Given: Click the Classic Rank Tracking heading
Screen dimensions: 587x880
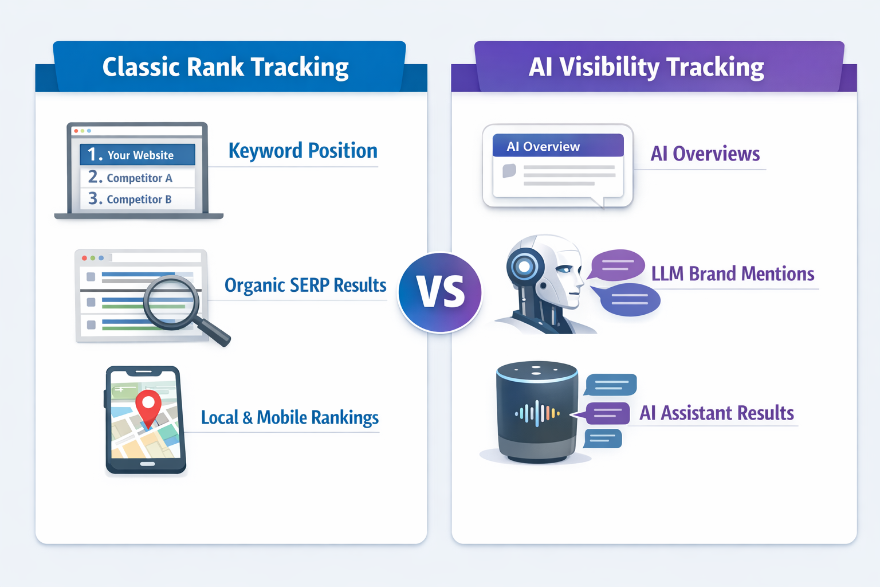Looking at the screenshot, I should (x=225, y=67).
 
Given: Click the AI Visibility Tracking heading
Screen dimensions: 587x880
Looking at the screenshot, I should (x=646, y=67).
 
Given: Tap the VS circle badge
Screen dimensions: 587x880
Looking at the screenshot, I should (x=440, y=292).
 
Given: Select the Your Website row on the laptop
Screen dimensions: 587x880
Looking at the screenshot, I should (x=137, y=155).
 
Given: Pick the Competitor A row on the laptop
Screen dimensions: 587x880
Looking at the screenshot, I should (x=137, y=178).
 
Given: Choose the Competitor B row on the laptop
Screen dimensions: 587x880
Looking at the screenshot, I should (x=137, y=199).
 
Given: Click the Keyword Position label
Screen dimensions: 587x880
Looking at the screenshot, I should (x=302, y=151).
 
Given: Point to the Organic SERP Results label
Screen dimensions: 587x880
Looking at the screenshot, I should (x=305, y=285).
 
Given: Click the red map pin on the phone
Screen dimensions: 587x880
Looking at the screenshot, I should (x=148, y=405).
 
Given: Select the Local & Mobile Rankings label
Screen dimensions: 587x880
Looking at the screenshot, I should (x=289, y=417).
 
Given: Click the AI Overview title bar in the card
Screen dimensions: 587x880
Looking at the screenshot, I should (x=557, y=146).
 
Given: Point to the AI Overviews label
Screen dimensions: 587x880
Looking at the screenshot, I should (x=705, y=154).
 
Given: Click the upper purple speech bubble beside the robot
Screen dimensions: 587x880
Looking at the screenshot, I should (x=616, y=265).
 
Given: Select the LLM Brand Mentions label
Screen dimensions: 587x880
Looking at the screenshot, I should (x=732, y=274).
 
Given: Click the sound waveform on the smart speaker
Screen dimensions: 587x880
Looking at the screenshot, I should (x=536, y=413).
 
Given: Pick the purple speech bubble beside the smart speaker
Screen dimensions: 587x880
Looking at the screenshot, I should (x=607, y=413).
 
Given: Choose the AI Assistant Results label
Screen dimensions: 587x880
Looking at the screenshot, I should (x=716, y=413).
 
